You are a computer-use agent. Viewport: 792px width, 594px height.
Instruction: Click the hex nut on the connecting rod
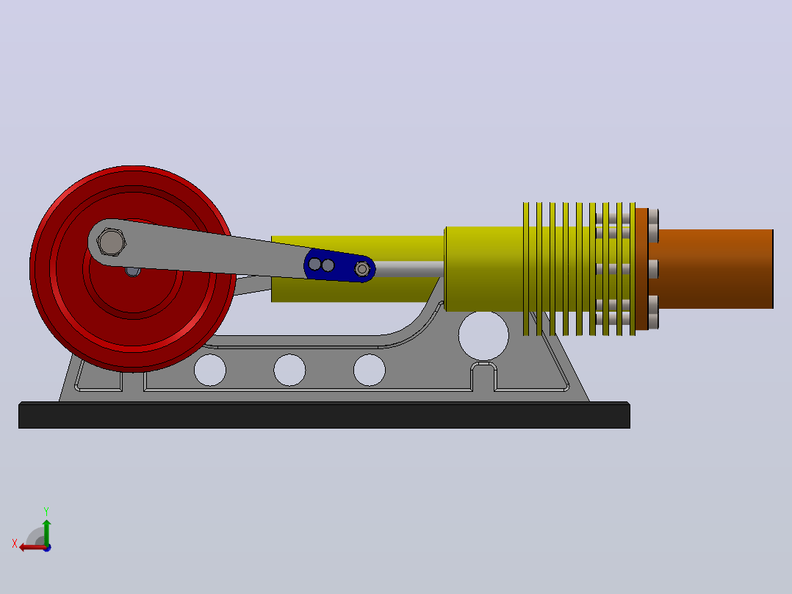tap(111, 242)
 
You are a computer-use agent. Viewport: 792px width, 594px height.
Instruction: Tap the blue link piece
tap(339, 265)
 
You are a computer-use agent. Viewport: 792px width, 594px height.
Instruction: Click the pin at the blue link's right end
tap(362, 269)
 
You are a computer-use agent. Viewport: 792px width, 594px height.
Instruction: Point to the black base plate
tap(324, 415)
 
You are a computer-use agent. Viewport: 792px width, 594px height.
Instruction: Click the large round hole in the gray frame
tap(483, 336)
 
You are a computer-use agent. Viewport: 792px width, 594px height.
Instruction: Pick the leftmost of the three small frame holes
tap(210, 370)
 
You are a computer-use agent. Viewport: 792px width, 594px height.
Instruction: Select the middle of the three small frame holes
tap(289, 370)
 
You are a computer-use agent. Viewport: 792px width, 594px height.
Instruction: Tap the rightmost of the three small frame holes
tap(370, 370)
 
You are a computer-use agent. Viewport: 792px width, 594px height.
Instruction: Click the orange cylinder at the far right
tap(711, 268)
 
